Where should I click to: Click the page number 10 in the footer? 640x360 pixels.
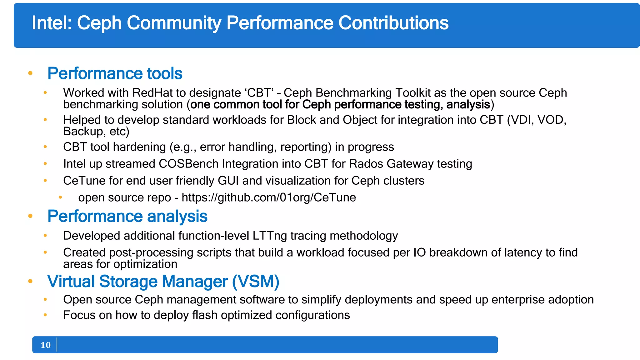click(46, 345)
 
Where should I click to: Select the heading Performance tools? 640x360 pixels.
click(115, 73)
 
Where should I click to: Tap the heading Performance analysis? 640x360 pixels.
click(127, 216)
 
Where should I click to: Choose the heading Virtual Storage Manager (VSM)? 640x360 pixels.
click(163, 281)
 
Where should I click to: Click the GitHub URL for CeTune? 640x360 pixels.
click(269, 197)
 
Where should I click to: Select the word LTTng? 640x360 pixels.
click(270, 236)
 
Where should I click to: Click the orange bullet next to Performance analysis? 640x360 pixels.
click(30, 216)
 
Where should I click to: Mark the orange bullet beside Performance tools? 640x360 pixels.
click(30, 73)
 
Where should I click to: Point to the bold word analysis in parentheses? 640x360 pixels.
click(468, 105)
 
